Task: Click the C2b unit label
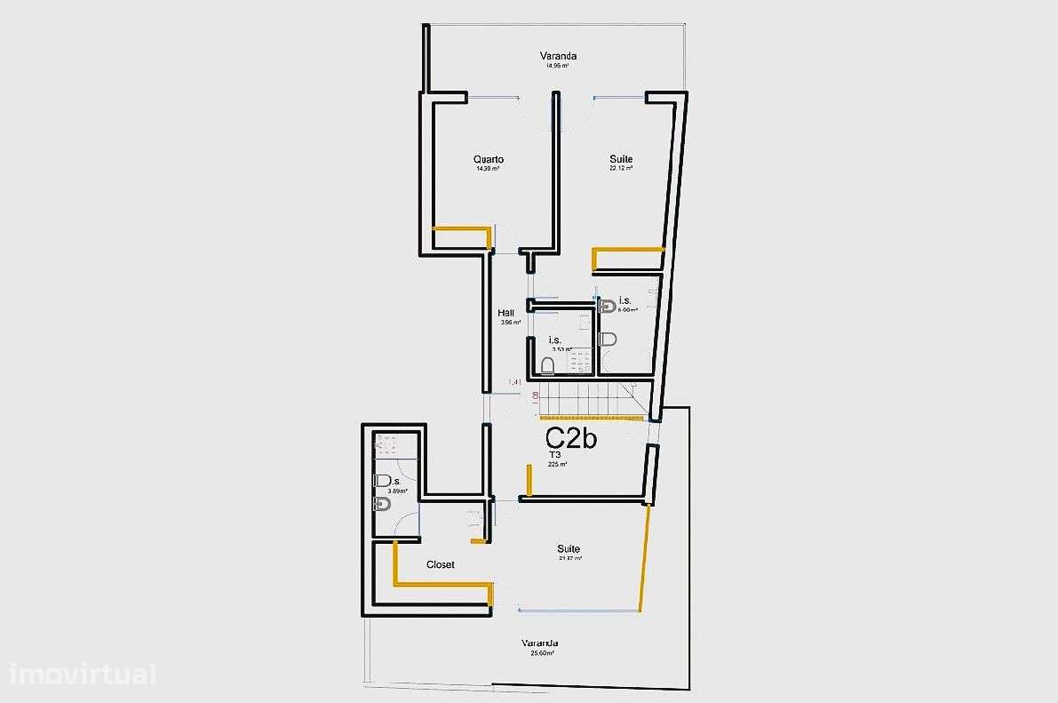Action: pyautogui.click(x=570, y=437)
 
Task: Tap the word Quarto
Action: pyautogui.click(x=489, y=160)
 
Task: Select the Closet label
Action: pyautogui.click(x=441, y=564)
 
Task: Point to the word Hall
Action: pyautogui.click(x=506, y=313)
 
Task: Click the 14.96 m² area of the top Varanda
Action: pyautogui.click(x=557, y=66)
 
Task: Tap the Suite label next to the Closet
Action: pyautogui.click(x=569, y=548)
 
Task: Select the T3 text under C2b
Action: pyautogui.click(x=556, y=454)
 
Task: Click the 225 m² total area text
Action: pyautogui.click(x=558, y=464)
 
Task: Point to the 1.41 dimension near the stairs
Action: pyautogui.click(x=515, y=383)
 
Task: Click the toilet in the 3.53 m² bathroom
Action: pyautogui.click(x=548, y=365)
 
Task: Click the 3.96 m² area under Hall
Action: pyautogui.click(x=510, y=323)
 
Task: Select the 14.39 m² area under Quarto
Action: pyautogui.click(x=488, y=169)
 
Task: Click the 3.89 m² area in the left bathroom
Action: pyautogui.click(x=397, y=491)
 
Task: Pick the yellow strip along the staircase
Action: pyautogui.click(x=593, y=416)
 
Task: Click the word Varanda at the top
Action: pyautogui.click(x=558, y=56)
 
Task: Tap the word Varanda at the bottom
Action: pyautogui.click(x=540, y=643)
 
